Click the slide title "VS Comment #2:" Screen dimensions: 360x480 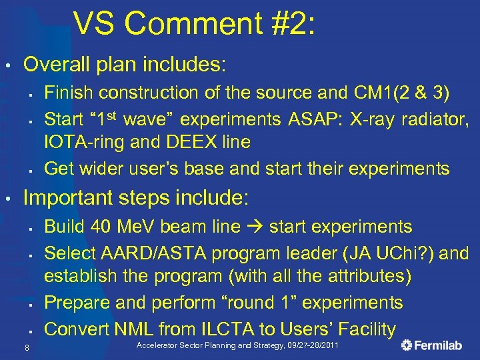(194, 25)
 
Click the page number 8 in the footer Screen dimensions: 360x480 (25, 346)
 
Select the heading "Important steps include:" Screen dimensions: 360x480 (136, 198)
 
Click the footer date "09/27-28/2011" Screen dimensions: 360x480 (313, 345)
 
